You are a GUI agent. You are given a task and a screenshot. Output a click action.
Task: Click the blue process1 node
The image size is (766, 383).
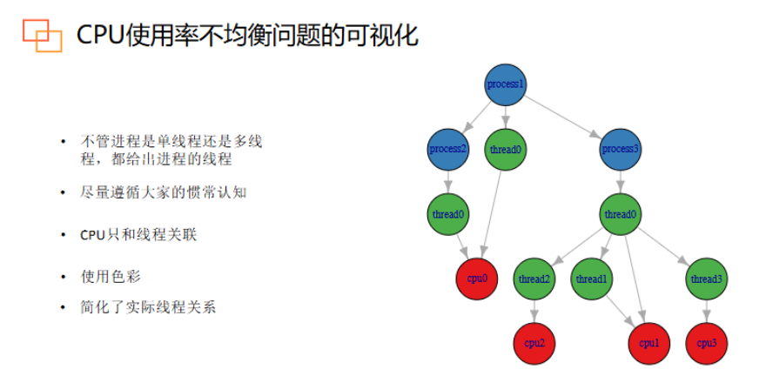tap(506, 84)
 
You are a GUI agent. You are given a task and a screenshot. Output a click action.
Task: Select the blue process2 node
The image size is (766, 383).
tap(448, 149)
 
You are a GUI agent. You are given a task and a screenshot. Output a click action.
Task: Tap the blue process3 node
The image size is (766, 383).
tap(621, 149)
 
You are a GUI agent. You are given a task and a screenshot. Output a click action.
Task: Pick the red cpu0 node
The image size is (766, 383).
tap(477, 279)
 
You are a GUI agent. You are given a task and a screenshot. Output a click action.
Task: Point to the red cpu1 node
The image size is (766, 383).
tap(649, 344)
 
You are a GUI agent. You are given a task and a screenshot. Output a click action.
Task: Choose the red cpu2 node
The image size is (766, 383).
tap(534, 344)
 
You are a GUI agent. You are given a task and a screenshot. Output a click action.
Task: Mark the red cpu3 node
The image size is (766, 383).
tap(707, 344)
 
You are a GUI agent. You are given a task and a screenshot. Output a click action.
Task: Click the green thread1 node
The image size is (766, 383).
tap(592, 279)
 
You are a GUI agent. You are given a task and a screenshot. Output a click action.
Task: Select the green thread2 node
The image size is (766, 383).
tap(534, 279)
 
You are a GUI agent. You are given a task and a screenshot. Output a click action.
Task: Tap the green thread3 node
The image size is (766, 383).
tap(707, 279)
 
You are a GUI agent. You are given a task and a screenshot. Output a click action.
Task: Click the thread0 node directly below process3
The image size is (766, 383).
tap(621, 214)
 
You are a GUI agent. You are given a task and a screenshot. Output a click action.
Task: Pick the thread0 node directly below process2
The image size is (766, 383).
tap(448, 214)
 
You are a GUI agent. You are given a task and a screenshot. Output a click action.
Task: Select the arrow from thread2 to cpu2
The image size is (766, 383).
tap(534, 312)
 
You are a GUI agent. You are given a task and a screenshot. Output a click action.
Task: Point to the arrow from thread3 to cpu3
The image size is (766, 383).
tap(707, 312)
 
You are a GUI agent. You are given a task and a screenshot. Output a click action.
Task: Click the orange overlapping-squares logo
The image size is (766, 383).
tap(43, 36)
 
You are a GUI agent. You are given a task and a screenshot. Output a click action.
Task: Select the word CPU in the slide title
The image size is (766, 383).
tap(100, 36)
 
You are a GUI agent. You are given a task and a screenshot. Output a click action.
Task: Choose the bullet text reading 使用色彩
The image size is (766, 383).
tap(111, 277)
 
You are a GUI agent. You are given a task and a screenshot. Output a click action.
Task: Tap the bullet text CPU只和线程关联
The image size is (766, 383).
tap(138, 235)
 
